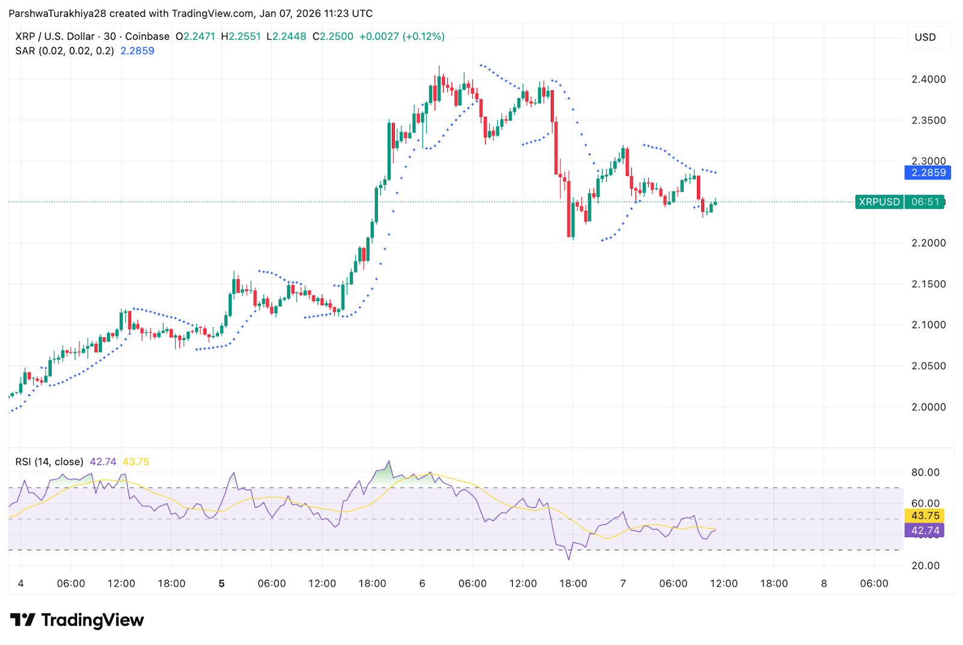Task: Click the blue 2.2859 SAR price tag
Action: (927, 173)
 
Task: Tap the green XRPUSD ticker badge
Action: (879, 202)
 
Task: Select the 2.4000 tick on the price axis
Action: (928, 79)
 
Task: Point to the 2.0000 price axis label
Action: (928, 407)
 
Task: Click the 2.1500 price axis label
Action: (928, 284)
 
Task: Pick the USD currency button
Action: (925, 37)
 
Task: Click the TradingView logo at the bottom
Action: (77, 620)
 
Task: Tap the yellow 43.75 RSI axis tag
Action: (924, 516)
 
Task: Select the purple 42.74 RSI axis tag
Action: (924, 531)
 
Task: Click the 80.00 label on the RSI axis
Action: (925, 473)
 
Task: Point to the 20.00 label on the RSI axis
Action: (925, 566)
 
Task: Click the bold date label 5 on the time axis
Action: (221, 584)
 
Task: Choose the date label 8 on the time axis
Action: (824, 584)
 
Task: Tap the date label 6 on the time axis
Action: (423, 584)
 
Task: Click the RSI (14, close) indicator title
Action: (49, 462)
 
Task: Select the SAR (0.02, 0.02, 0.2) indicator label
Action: (64, 51)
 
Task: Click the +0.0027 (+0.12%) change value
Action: (401, 37)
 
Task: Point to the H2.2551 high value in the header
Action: (241, 37)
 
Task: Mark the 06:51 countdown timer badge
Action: (925, 202)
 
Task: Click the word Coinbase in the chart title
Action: (147, 37)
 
